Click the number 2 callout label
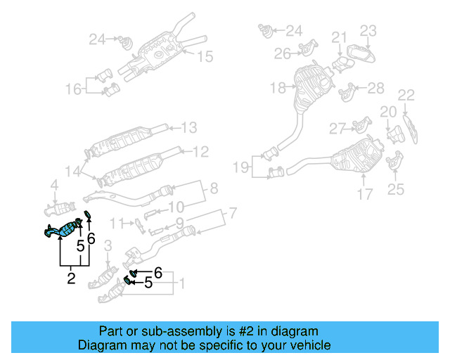pyautogui.click(x=71, y=278)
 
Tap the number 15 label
pyautogui.click(x=205, y=57)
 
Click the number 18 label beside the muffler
pyautogui.click(x=278, y=88)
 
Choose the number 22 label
pyautogui.click(x=406, y=95)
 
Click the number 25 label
pyautogui.click(x=396, y=188)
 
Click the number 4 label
pyautogui.click(x=53, y=186)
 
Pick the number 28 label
pyautogui.click(x=376, y=87)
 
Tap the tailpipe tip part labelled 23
pyautogui.click(x=360, y=55)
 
